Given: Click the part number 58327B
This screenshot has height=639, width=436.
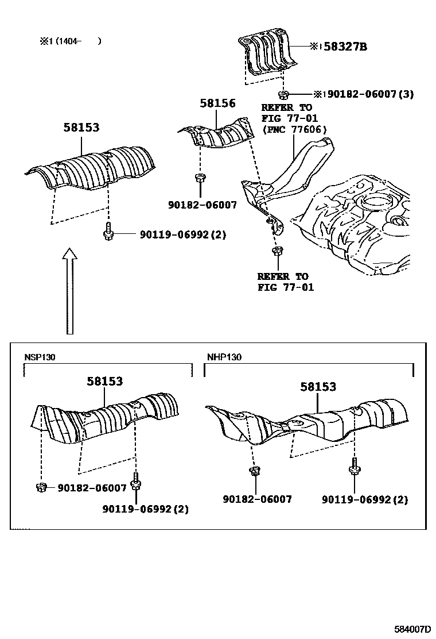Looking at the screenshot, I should [345, 47].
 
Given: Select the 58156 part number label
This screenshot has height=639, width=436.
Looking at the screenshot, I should [217, 103].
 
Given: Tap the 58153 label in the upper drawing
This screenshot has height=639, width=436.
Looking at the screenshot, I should [81, 129].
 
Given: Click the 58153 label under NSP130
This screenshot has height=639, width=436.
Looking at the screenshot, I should [105, 381].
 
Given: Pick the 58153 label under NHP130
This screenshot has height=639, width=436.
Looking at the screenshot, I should [318, 387].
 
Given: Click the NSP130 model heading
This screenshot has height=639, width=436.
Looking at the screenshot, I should [40, 357].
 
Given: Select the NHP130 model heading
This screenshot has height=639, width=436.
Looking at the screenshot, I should [224, 357].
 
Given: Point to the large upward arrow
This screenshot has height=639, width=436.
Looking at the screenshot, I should [69, 290].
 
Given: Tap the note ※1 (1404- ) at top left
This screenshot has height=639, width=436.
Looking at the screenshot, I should [70, 41].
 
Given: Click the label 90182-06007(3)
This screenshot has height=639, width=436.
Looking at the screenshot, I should [370, 94].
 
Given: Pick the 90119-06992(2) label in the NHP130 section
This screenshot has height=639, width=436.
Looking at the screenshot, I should [365, 500].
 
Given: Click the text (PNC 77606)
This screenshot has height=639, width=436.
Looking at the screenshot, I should [294, 129].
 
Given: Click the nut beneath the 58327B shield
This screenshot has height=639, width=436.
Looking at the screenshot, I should [283, 94].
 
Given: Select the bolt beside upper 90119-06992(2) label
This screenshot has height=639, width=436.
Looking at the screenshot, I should [108, 233].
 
